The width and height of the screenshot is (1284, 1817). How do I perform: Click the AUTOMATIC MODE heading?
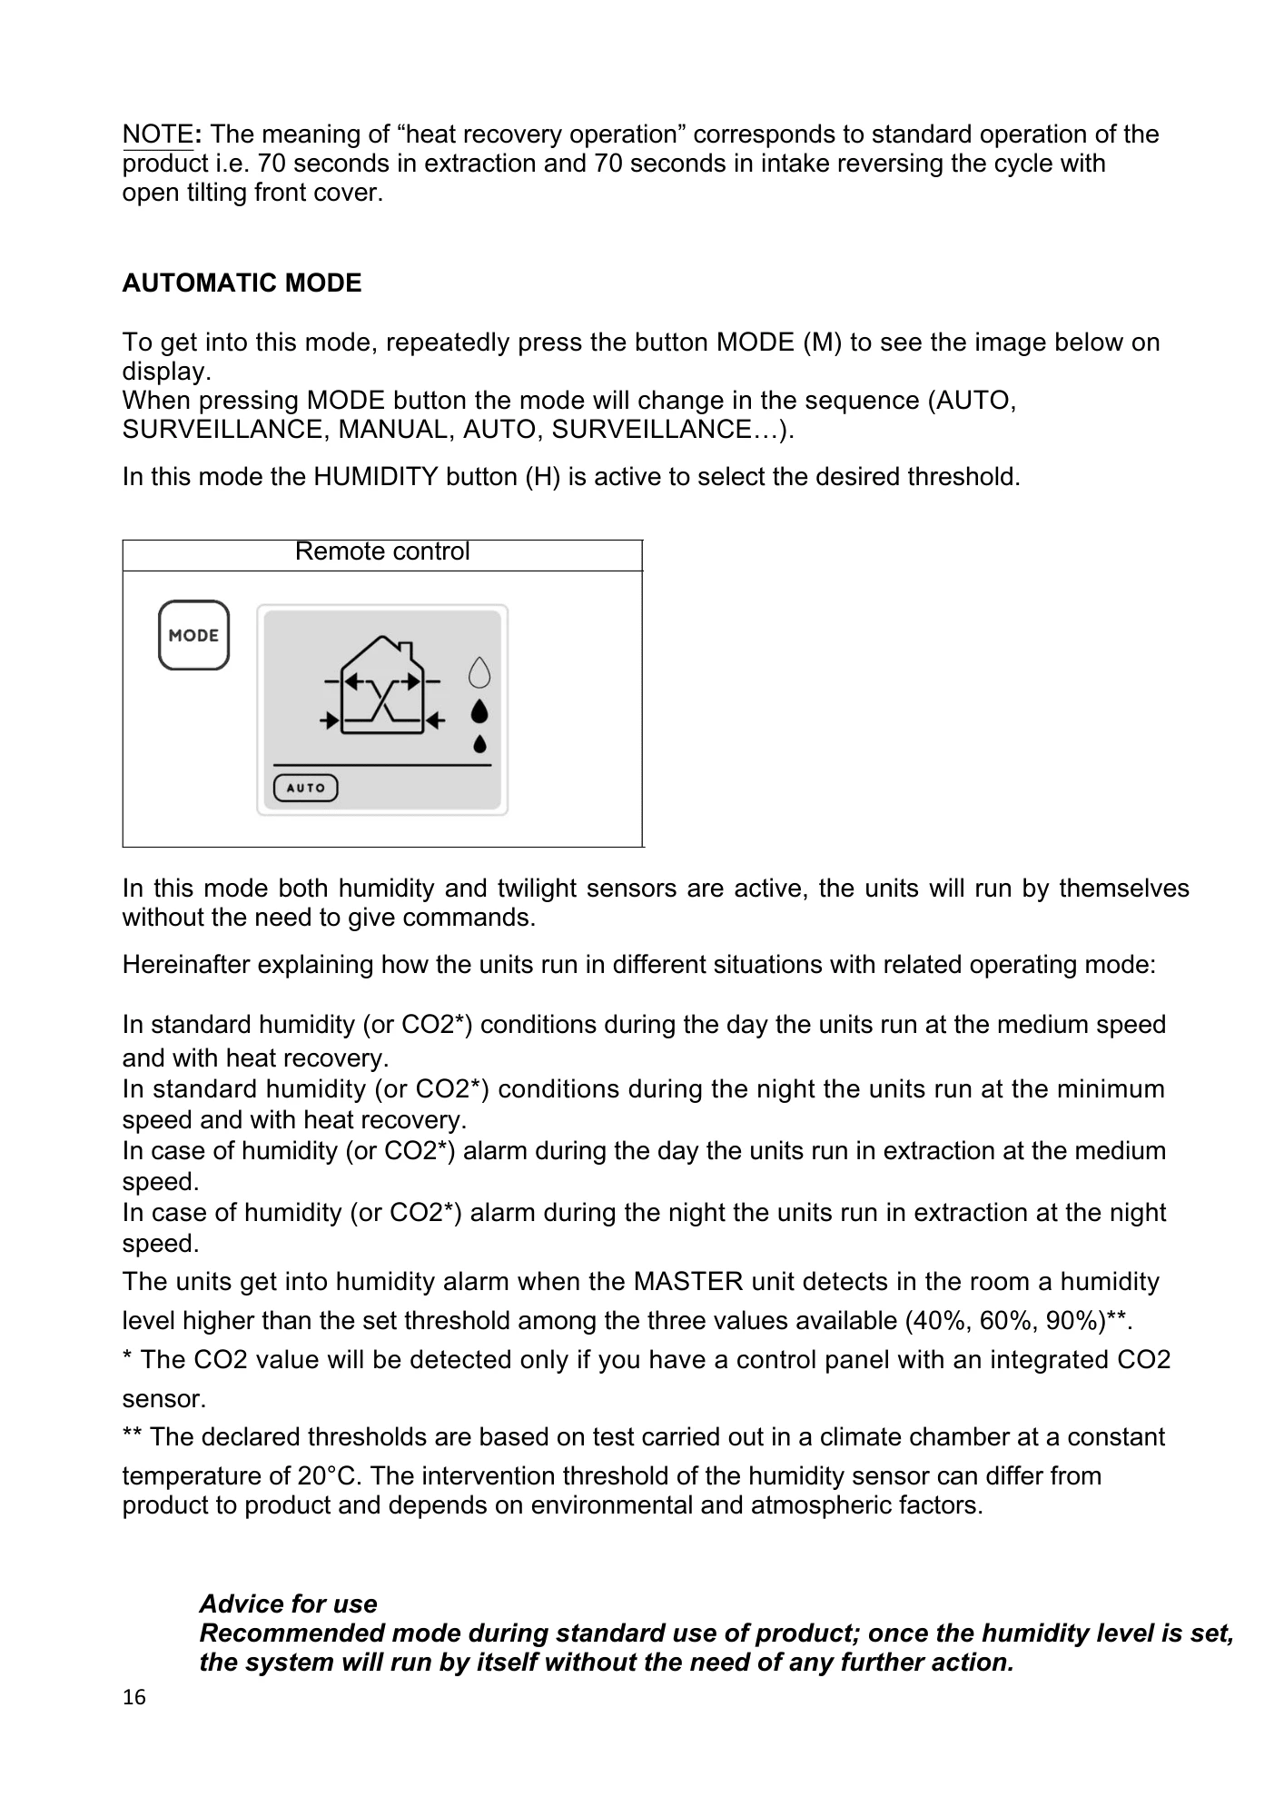pyautogui.click(x=242, y=283)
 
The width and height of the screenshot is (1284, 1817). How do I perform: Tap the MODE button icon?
pyautogui.click(x=193, y=635)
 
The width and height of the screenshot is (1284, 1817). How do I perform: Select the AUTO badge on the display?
pyautogui.click(x=306, y=788)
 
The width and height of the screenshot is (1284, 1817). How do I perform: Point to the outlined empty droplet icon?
pyautogui.click(x=479, y=673)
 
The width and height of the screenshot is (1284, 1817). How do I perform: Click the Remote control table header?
pyautogui.click(x=382, y=552)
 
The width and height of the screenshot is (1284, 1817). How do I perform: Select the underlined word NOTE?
pyautogui.click(x=157, y=134)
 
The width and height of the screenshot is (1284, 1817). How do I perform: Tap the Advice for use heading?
pyautogui.click(x=288, y=1604)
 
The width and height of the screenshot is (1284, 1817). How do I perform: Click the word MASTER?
pyautogui.click(x=687, y=1282)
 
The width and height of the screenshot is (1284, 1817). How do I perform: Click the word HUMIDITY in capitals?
pyautogui.click(x=376, y=477)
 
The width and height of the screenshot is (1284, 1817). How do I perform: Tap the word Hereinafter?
pyautogui.click(x=186, y=964)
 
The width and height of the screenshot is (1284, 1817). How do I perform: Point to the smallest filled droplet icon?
pyautogui.click(x=479, y=744)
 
